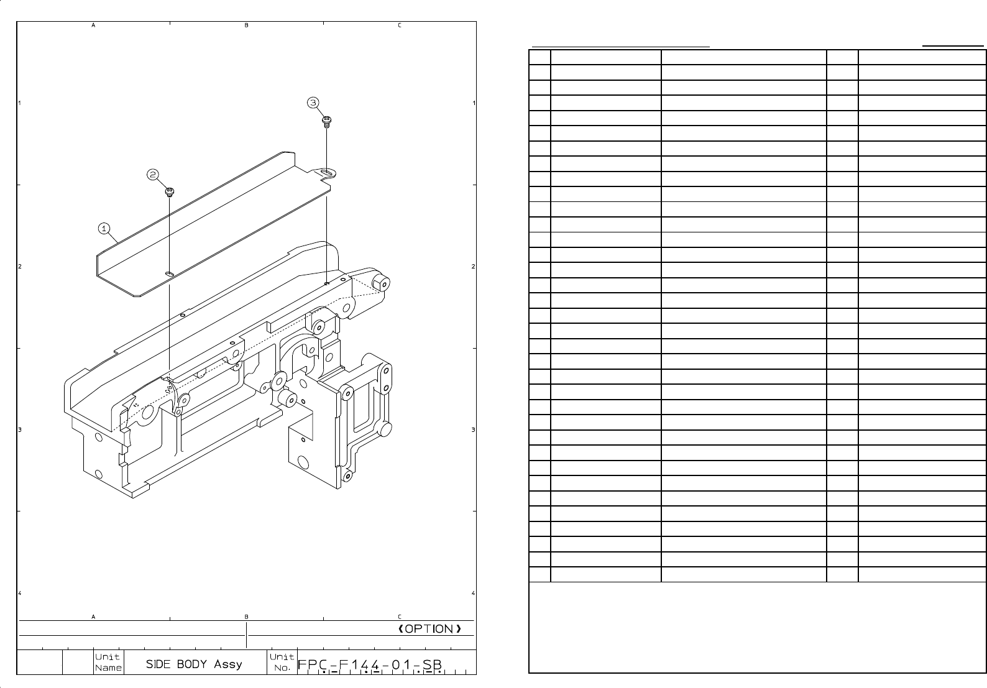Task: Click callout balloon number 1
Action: [x=104, y=228]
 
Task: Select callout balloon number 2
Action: [x=153, y=175]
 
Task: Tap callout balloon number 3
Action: [x=313, y=103]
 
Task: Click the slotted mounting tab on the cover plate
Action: [x=326, y=172]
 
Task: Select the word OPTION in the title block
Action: [x=429, y=629]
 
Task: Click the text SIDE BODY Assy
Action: [x=194, y=664]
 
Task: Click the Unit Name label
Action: [x=108, y=663]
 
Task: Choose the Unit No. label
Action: [x=282, y=663]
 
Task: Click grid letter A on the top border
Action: [x=93, y=25]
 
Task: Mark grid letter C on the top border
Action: [x=399, y=25]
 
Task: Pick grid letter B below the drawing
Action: [x=246, y=617]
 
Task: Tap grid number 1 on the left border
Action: [x=19, y=103]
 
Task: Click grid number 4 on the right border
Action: [x=474, y=594]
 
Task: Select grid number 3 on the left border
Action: [x=19, y=430]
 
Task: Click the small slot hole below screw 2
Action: [x=169, y=273]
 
